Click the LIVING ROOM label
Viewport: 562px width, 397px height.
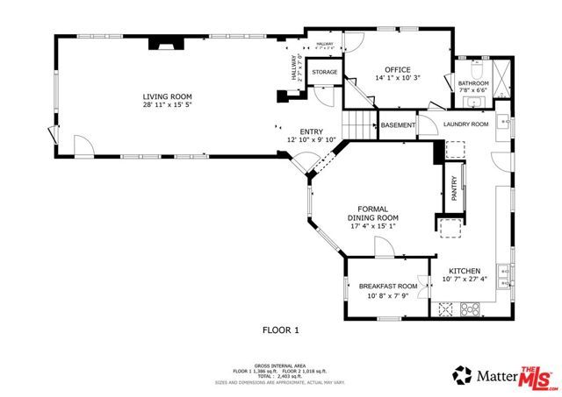[168, 96]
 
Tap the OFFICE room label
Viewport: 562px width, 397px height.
[398, 68]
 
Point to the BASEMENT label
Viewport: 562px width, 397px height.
[398, 125]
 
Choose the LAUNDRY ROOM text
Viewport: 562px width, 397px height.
[465, 124]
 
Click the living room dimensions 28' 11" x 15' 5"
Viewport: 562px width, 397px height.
[168, 105]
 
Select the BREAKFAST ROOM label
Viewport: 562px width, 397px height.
[387, 287]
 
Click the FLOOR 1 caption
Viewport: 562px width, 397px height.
[281, 330]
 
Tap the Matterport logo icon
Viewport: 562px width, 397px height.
[462, 376]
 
